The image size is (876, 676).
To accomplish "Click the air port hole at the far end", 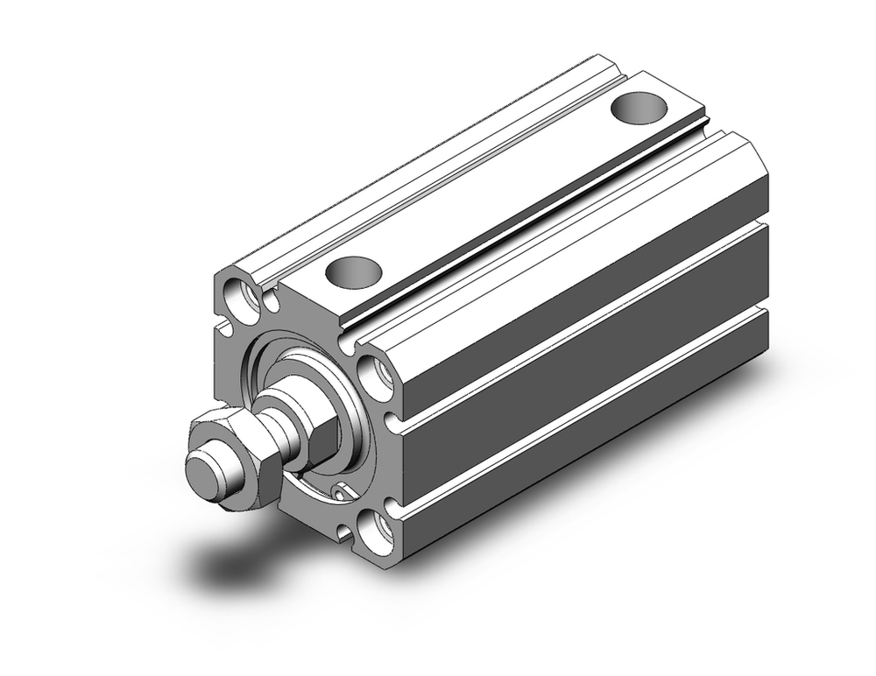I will pos(637,108).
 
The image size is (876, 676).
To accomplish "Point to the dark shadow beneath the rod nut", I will pos(228,560).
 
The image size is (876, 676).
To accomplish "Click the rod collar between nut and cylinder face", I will pos(280,412).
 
